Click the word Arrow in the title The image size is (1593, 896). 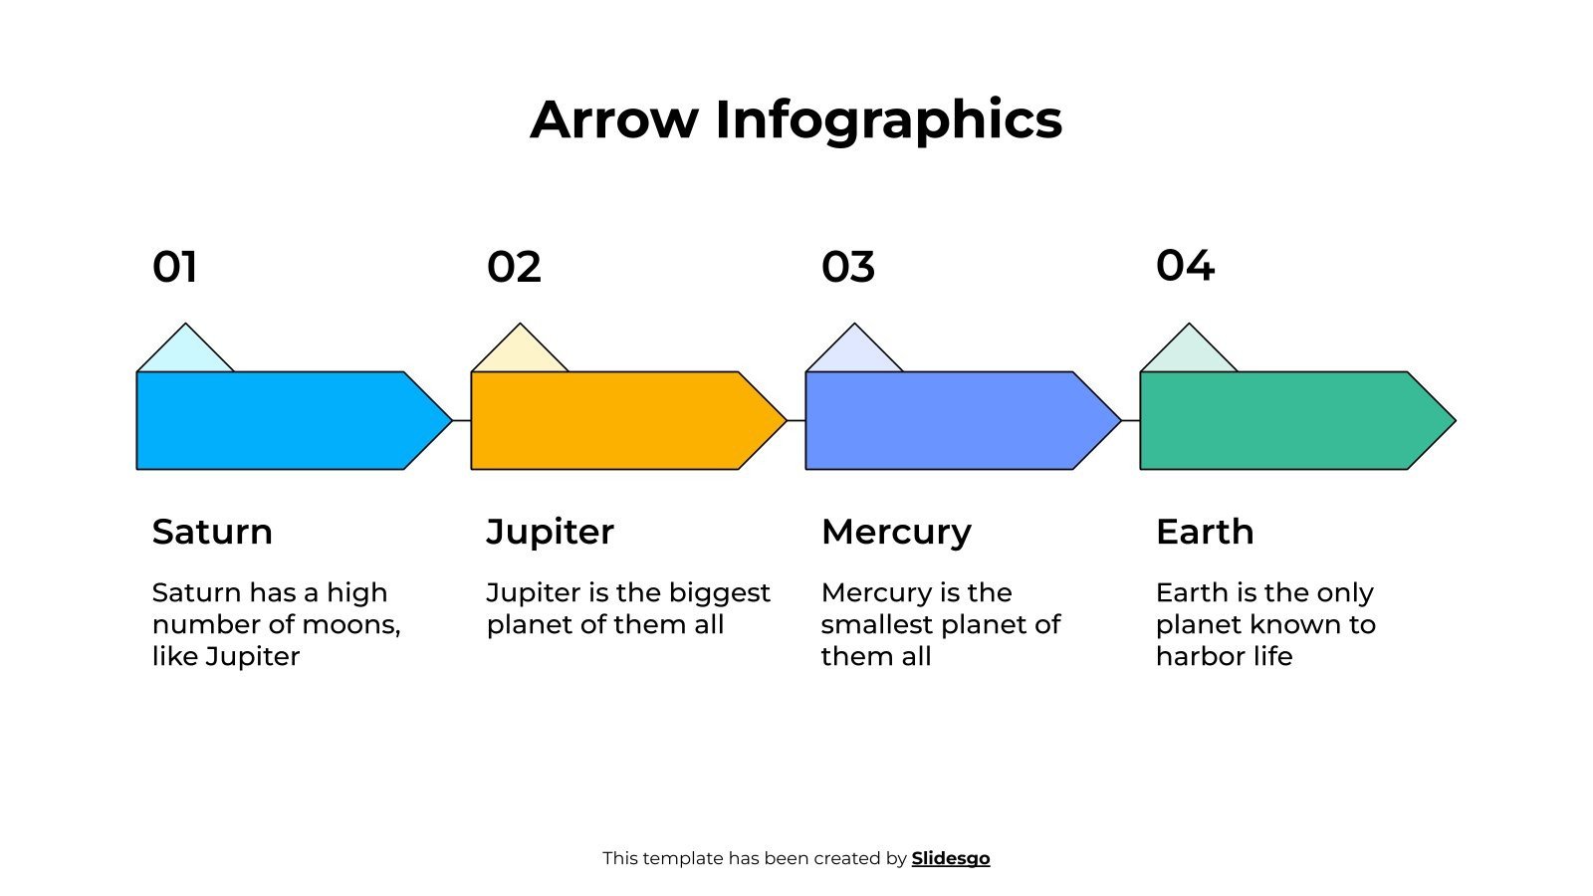(x=614, y=119)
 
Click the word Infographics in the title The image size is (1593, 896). (x=888, y=119)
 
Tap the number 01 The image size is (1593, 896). (x=174, y=267)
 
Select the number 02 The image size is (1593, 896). (x=514, y=267)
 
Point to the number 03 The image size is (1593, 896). (x=848, y=267)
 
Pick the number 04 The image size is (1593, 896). (x=1185, y=266)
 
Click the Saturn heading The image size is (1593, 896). (x=212, y=532)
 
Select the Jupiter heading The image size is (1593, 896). (x=550, y=532)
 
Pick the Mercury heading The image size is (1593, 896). (x=896, y=532)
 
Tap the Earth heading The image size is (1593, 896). (x=1205, y=532)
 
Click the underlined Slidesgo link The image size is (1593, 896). (x=951, y=858)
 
